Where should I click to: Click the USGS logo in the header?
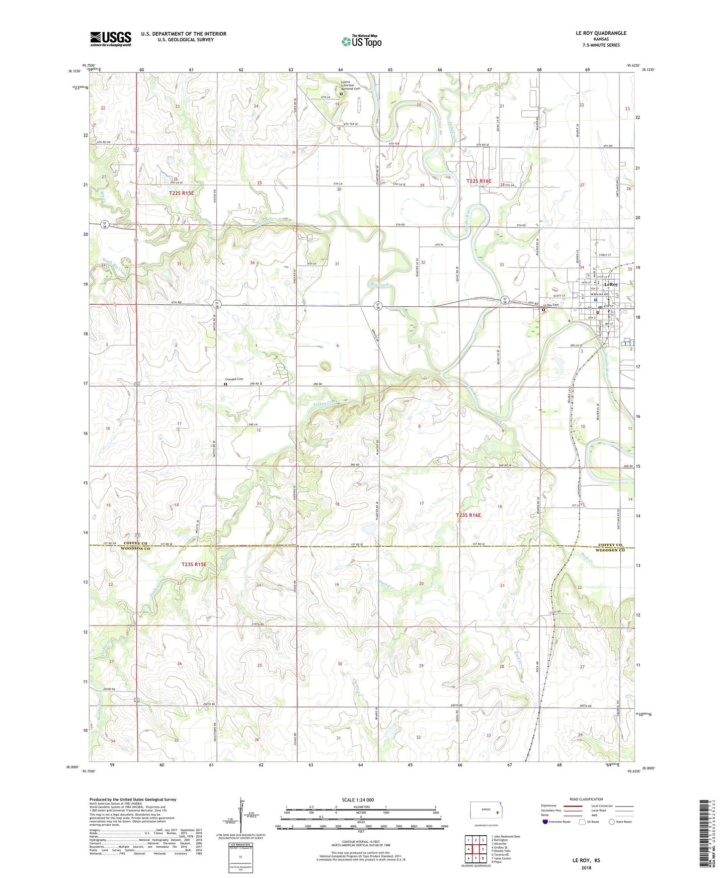(110, 39)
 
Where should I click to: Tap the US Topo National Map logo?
(361, 41)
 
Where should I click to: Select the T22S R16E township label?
(478, 181)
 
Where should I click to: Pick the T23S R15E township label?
(194, 564)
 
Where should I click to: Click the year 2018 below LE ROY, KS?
(586, 867)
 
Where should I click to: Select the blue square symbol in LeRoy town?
(595, 300)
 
